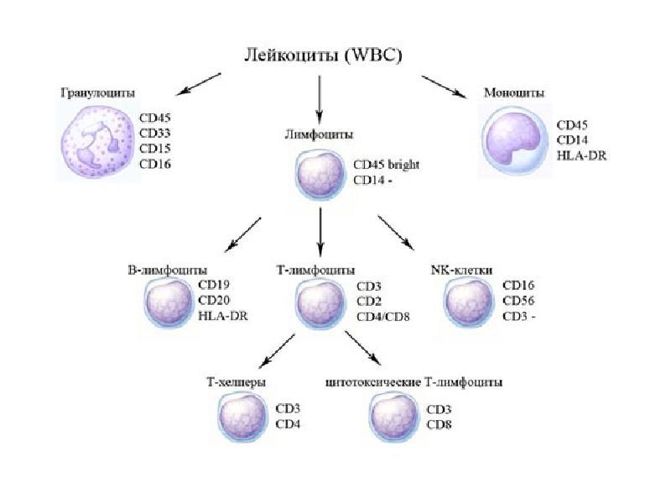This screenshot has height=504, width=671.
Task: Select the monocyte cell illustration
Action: pos(514,139)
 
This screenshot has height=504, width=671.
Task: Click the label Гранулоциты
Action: pos(96,92)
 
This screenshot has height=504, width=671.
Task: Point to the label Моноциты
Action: pos(514,92)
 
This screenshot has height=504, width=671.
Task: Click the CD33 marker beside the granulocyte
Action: pos(154,133)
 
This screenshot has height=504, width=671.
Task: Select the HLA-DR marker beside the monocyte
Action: pos(581,156)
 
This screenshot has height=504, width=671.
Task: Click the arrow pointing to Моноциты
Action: pos(445,89)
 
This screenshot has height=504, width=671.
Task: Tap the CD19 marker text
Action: pos(215,285)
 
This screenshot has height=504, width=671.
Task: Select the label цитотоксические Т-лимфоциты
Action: pos(413,382)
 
